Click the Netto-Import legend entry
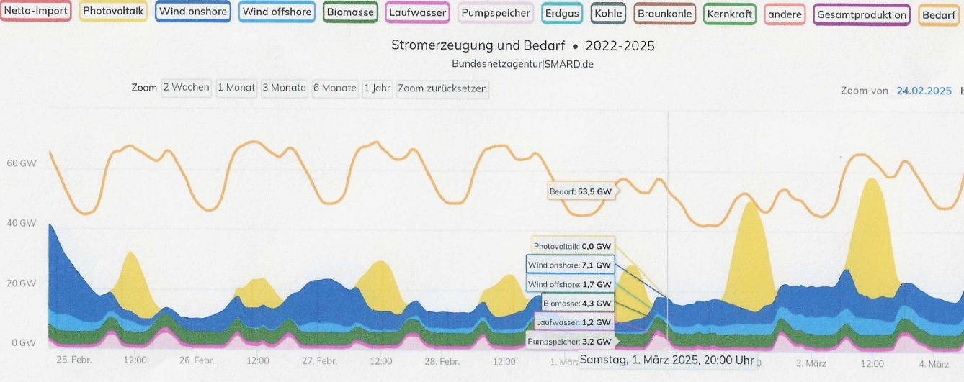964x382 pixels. pos(36,12)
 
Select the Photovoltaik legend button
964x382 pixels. pos(114,12)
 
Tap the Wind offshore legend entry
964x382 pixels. pos(277,12)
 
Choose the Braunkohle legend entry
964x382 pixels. pos(665,14)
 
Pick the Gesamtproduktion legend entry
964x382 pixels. pos(862,14)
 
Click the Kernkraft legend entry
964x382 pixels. pos(730,14)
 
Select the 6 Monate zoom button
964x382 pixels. pos(334,88)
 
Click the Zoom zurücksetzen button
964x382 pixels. pos(442,88)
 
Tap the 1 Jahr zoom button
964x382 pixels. pos(377,88)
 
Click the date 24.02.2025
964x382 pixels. pos(924,91)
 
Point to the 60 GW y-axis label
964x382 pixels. pos(22,163)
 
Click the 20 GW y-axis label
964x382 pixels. pos(22,283)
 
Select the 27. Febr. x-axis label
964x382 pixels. pos(319,361)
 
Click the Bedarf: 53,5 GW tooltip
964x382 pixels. pos(581,191)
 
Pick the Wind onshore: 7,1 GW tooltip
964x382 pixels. pos(570,265)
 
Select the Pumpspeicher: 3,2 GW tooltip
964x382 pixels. pos(570,341)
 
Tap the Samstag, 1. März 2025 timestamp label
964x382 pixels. pos(666,360)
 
